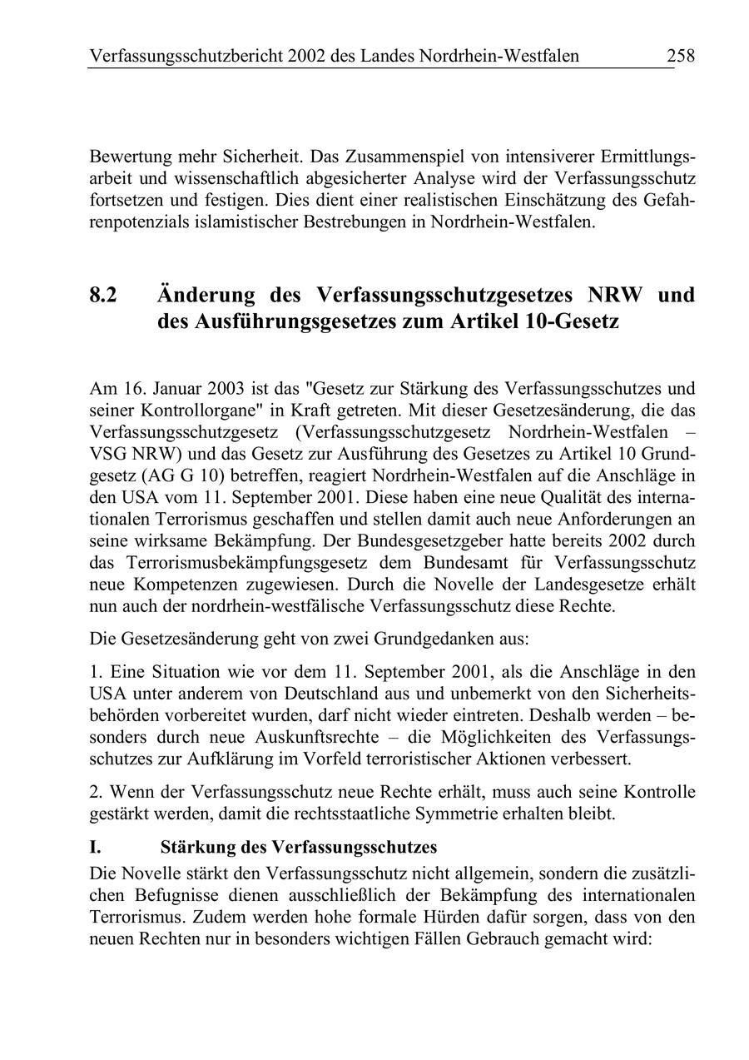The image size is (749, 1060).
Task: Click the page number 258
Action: point(680,57)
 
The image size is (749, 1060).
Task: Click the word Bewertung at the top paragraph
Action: point(129,157)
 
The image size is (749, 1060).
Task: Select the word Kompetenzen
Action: point(184,584)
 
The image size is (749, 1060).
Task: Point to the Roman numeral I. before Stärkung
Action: point(95,848)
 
